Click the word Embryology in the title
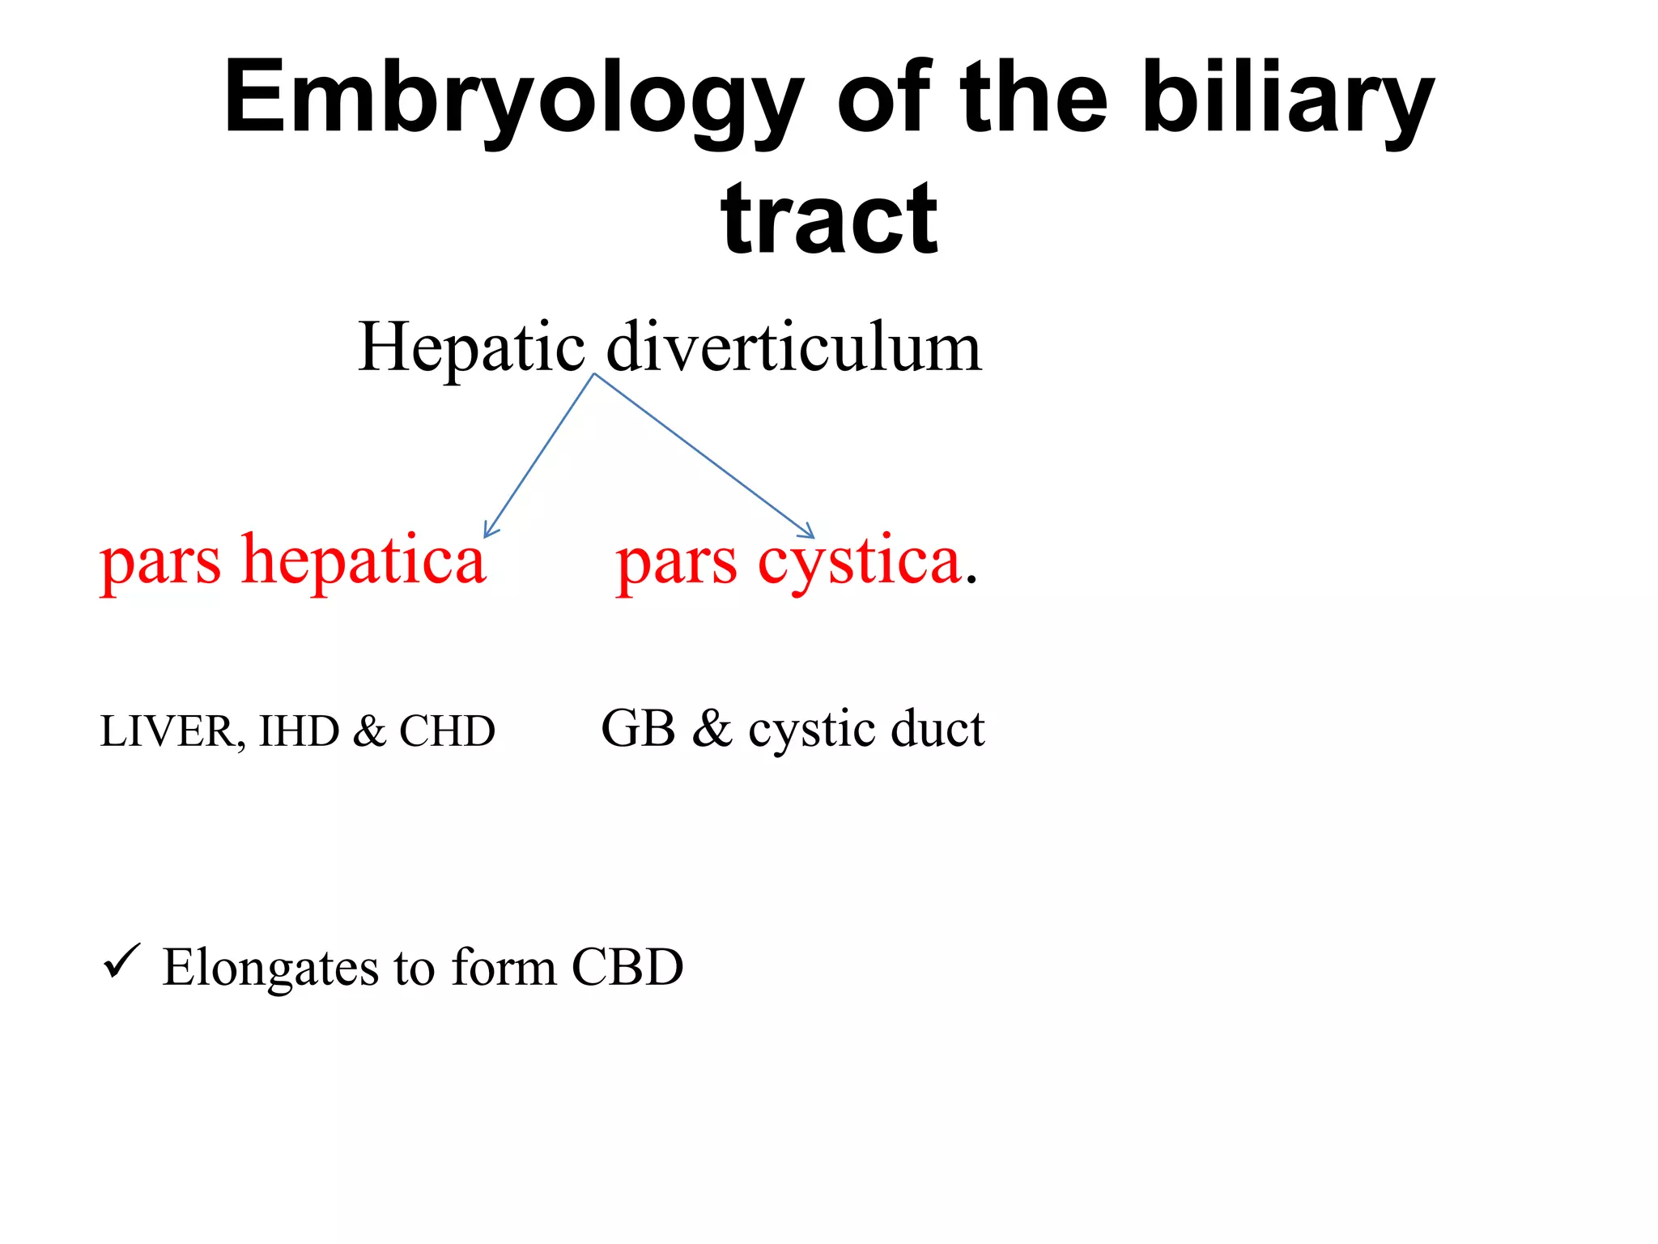pos(514,99)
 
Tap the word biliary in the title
pos(1287,99)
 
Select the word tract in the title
pos(829,219)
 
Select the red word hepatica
pos(364,560)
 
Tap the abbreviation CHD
pos(447,731)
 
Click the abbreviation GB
pos(638,728)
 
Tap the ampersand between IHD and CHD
pos(369,731)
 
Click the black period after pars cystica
pos(971,581)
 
